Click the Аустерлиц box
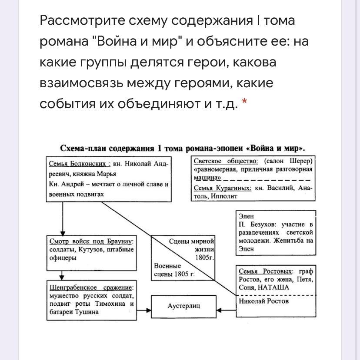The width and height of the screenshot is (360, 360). click(x=183, y=306)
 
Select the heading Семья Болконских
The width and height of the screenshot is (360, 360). click(x=77, y=164)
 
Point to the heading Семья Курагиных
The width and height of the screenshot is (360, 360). click(x=223, y=188)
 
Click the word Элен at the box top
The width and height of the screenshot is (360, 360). click(x=246, y=216)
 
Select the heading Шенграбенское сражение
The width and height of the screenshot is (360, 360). click(x=91, y=287)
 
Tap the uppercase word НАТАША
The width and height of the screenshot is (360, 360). click(x=273, y=287)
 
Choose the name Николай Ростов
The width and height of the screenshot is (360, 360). click(x=263, y=301)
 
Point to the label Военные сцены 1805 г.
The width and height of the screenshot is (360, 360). click(x=174, y=270)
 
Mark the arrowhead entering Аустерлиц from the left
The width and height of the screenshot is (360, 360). click(x=149, y=310)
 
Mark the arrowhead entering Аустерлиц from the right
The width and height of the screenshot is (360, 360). click(x=218, y=310)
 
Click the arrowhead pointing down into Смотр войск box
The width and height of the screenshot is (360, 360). click(x=63, y=233)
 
